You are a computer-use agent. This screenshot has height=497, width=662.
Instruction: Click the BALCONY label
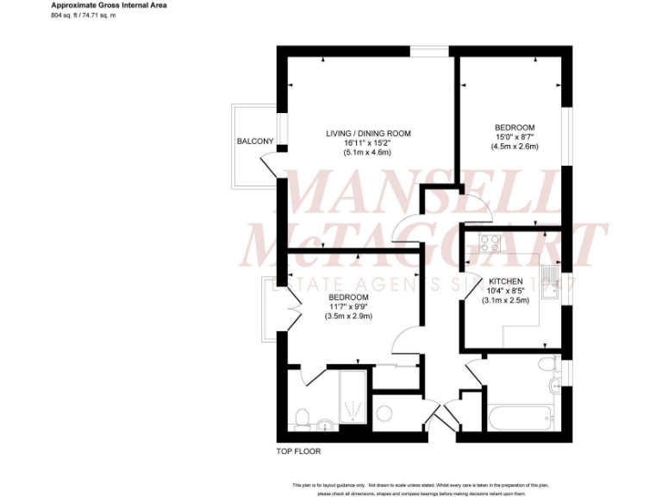255,142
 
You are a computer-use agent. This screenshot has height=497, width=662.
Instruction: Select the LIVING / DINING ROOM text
368,133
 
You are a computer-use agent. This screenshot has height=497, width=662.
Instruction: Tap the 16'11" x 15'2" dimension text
368,142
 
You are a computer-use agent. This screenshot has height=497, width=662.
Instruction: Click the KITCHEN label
505,282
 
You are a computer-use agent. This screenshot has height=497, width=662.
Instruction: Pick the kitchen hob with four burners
490,243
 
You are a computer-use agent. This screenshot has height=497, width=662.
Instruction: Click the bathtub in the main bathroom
519,419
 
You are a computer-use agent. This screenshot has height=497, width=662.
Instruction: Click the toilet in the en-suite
302,418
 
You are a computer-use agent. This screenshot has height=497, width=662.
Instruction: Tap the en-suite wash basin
324,423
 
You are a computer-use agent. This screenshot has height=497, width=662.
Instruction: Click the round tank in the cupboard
384,412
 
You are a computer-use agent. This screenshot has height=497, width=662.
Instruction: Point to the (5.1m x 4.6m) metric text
368,153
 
